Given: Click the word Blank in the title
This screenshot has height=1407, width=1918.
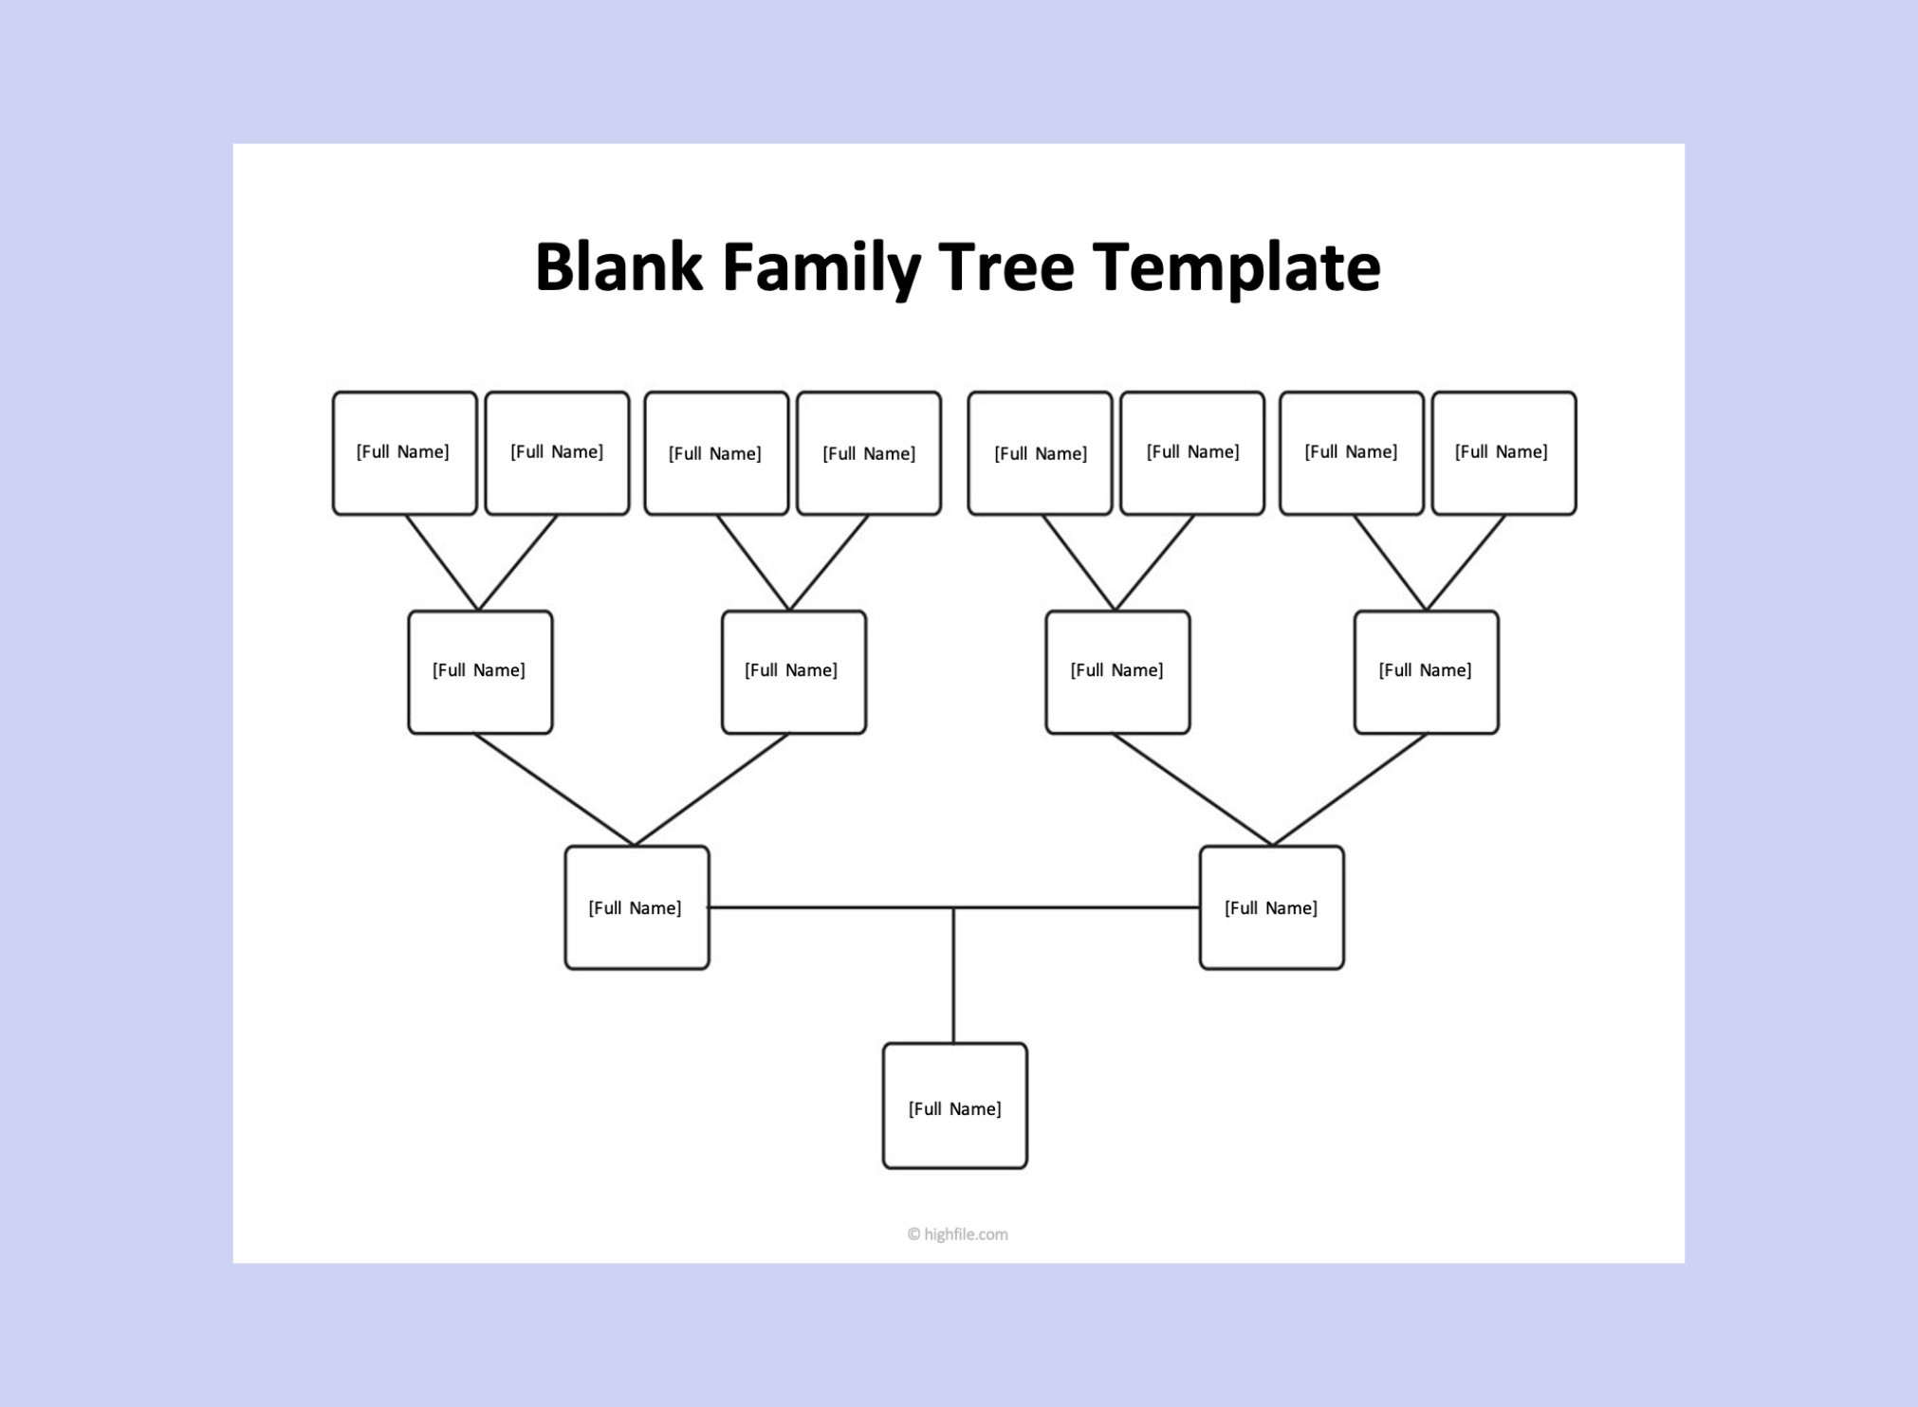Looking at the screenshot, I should point(618,266).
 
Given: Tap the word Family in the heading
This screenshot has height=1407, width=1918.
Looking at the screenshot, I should point(821,268).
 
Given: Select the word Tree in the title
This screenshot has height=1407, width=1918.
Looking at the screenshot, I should point(1006,266).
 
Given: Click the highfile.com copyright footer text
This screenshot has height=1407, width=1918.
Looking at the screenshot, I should point(958,1233).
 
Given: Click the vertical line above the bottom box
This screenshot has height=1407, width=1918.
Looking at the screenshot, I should point(953,977).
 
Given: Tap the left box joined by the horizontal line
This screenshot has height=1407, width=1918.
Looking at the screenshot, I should point(636,907).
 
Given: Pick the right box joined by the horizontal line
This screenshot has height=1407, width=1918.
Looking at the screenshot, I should point(1271,907).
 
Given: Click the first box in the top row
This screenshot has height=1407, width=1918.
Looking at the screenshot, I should point(404,453).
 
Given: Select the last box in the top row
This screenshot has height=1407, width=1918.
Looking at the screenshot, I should point(1503,453).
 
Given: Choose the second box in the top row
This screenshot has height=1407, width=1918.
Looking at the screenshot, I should point(557,453).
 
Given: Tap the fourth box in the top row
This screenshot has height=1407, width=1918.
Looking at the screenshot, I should point(869,453).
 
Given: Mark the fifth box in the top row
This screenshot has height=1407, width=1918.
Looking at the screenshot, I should point(1040,453).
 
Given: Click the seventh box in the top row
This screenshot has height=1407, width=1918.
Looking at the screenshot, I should point(1351,453).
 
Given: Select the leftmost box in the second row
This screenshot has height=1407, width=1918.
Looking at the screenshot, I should point(480,671).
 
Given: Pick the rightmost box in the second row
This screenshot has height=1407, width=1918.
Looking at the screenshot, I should point(1426,671).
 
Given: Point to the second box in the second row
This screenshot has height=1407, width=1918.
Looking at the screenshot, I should point(793,671).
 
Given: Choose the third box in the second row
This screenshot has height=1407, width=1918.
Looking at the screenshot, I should point(1117,671).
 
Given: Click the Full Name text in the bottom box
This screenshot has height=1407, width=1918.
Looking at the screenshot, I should point(954,1108).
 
